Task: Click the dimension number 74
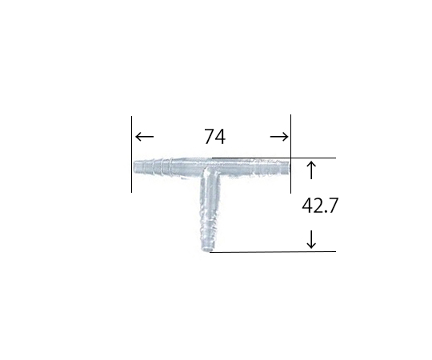click(214, 137)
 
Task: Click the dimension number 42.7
click(319, 206)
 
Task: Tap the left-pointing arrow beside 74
click(144, 136)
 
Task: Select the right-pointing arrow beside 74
click(279, 137)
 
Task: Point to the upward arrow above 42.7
click(311, 170)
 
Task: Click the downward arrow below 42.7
click(311, 239)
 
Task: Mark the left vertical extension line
click(131, 154)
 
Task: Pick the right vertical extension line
click(290, 154)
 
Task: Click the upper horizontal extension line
click(274, 158)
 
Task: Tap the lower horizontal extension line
click(273, 251)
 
